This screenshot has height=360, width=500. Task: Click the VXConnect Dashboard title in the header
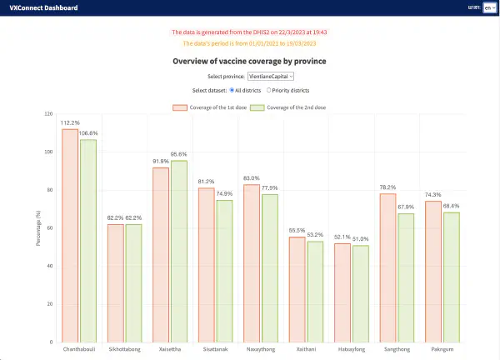coord(42,7)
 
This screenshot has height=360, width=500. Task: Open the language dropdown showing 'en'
coord(488,7)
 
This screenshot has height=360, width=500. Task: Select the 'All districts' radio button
coord(231,90)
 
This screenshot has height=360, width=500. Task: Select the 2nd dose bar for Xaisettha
coord(178,251)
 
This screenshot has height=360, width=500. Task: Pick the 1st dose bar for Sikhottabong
coord(116,282)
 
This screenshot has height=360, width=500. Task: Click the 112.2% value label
coord(70,123)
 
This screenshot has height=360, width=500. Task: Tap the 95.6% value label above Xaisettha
coord(178,154)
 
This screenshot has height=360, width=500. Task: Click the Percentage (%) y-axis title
coord(37,227)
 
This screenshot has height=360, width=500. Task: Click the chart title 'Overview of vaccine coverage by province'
coord(249,62)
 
